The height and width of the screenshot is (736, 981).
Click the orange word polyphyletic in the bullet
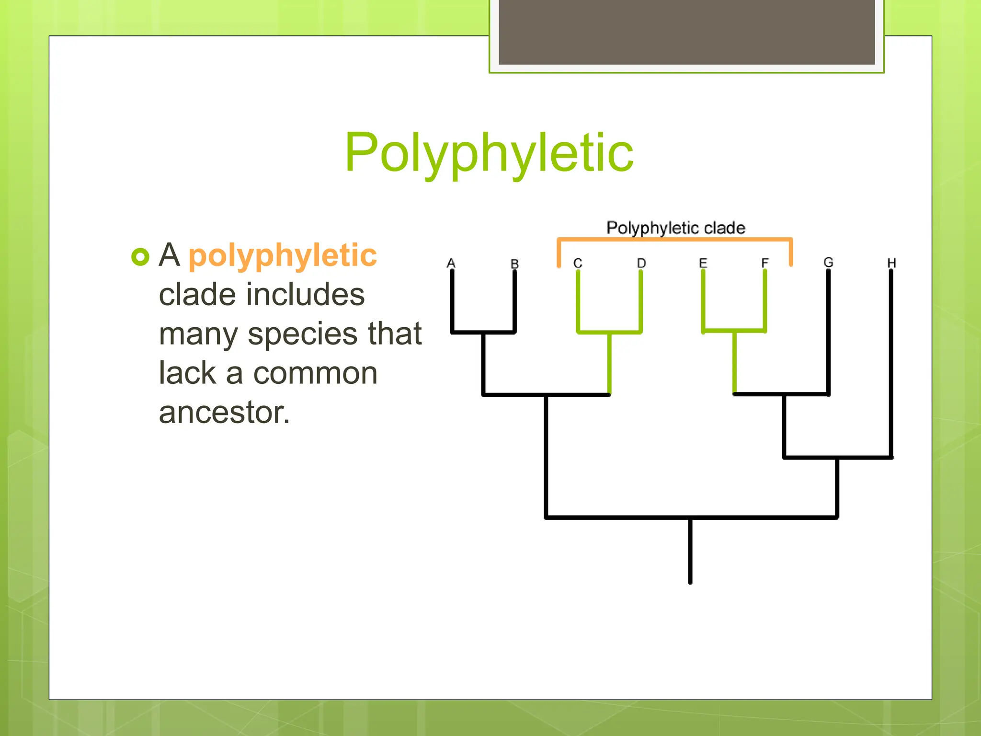[x=283, y=255]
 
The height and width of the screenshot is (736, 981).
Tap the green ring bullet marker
[x=140, y=257]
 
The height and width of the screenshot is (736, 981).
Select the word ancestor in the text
[x=224, y=413]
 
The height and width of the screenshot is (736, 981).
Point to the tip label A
[x=451, y=263]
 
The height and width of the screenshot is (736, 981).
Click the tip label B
[x=514, y=264]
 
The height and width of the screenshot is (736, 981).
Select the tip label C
[x=578, y=264]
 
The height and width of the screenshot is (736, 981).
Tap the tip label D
[x=641, y=263]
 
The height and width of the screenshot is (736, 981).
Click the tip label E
[x=703, y=263]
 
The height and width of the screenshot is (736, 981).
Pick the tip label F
[x=764, y=263]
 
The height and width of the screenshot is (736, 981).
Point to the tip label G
[x=828, y=262]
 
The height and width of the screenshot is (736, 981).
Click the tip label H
[x=891, y=263]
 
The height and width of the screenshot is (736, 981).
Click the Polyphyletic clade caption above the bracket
[x=675, y=228]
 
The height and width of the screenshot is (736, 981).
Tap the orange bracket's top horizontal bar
[x=674, y=239]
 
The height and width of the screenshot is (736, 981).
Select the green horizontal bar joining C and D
[x=609, y=332]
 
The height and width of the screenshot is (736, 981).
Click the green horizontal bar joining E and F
[x=734, y=331]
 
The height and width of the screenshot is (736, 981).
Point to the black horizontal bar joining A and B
[x=483, y=332]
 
